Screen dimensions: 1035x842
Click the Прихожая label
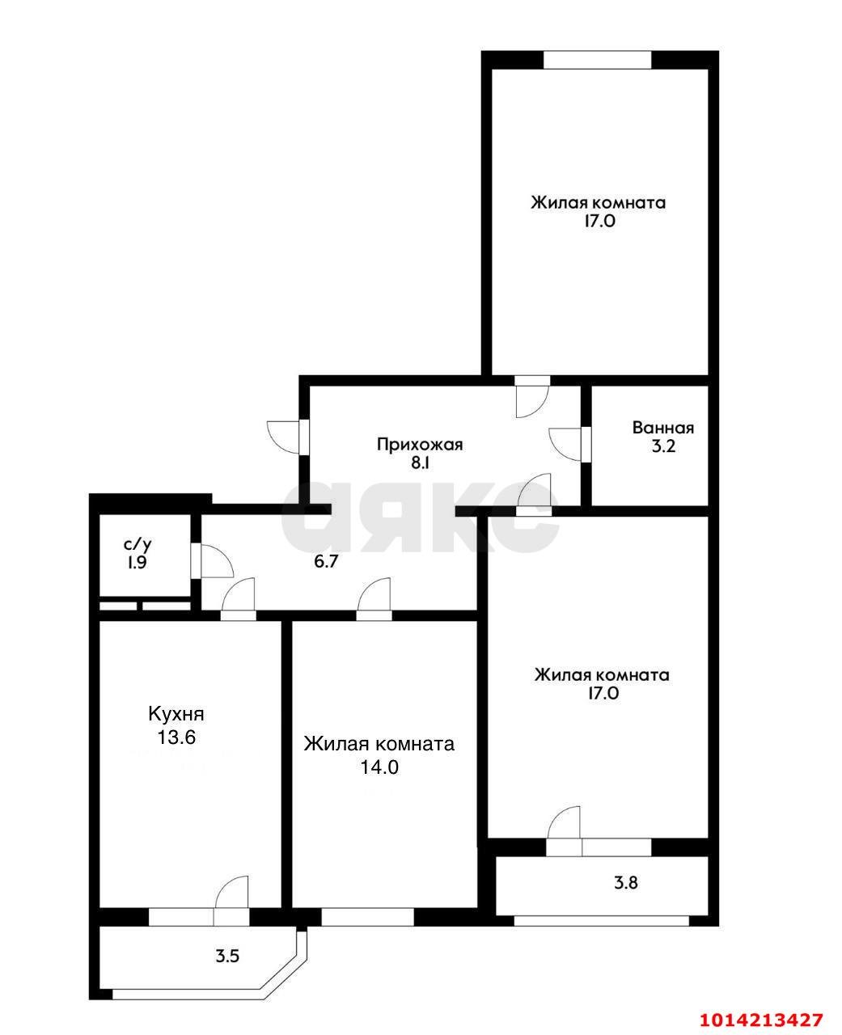click(x=419, y=444)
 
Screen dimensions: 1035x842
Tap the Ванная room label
click(x=663, y=428)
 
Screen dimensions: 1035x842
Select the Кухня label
click(x=176, y=714)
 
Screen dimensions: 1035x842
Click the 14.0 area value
click(x=379, y=767)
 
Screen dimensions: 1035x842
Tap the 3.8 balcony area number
click(x=627, y=883)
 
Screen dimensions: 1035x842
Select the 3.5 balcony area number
click(x=227, y=956)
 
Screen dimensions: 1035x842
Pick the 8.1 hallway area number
click(x=419, y=464)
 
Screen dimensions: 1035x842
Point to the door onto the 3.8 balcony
click(x=565, y=826)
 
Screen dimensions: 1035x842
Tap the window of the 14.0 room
click(x=368, y=917)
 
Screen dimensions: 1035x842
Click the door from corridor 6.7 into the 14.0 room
click(x=374, y=598)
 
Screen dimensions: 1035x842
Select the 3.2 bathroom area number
click(x=663, y=447)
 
